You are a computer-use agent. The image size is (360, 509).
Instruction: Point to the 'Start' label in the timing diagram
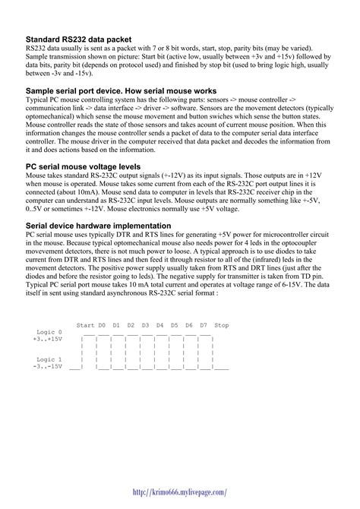(x=85, y=324)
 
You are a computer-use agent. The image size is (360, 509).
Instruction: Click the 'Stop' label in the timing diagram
(x=222, y=324)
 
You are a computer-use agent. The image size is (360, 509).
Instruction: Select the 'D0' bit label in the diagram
(x=103, y=324)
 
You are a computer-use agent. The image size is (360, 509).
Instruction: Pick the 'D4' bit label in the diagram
(x=160, y=324)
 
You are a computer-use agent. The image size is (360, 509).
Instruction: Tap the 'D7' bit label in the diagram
(x=204, y=324)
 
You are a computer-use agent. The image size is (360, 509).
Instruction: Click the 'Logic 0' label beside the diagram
(x=49, y=332)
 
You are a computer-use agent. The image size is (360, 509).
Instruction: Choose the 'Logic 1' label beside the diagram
(x=49, y=359)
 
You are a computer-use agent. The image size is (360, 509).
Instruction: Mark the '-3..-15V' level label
(x=48, y=366)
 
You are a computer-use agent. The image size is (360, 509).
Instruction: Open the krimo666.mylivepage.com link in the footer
(x=180, y=492)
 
